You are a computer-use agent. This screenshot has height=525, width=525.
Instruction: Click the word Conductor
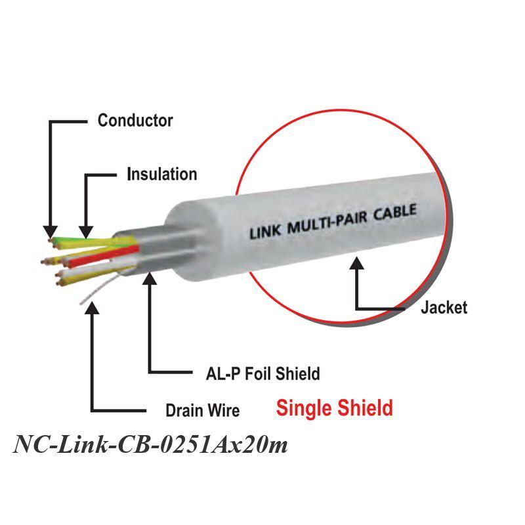click(135, 121)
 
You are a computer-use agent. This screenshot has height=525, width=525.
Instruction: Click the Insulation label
click(162, 174)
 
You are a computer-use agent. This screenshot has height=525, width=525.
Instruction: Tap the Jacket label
click(444, 307)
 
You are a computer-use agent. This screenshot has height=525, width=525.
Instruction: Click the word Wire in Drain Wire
click(224, 411)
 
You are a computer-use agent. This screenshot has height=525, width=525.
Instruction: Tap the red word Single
click(304, 408)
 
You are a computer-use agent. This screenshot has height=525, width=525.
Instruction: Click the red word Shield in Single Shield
click(366, 408)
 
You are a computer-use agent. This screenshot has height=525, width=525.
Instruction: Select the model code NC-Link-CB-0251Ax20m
click(150, 445)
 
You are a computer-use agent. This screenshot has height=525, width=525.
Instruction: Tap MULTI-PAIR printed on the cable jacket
click(327, 222)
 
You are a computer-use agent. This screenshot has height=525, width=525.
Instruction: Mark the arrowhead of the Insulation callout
click(86, 232)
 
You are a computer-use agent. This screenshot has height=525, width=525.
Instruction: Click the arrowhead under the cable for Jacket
click(357, 263)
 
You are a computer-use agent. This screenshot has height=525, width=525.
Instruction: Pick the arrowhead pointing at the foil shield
click(150, 278)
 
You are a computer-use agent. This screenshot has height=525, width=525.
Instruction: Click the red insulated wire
click(104, 257)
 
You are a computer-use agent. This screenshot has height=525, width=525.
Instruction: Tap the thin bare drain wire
click(100, 290)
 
